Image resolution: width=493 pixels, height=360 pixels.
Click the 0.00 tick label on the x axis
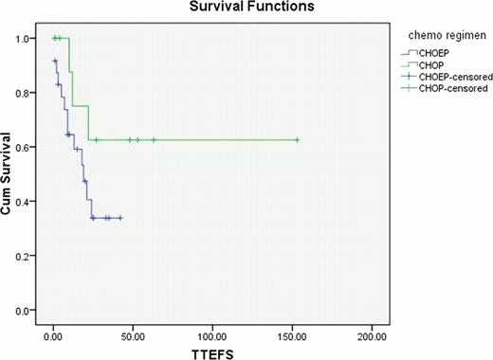pos(53,334)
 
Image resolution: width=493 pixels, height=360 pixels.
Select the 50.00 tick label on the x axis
pos(133,334)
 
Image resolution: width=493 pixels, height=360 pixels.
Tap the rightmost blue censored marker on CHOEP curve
pos(120,218)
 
